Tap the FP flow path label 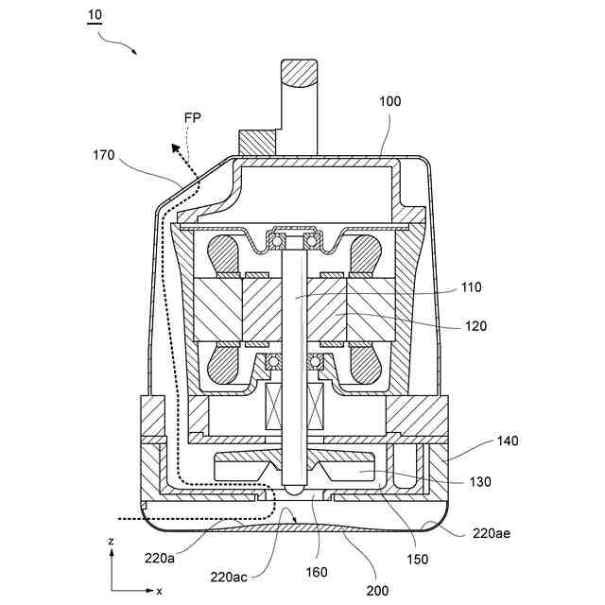pos(193,118)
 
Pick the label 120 pos(475,326)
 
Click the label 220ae pos(493,533)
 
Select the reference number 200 pos(377,590)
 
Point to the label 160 pos(317,572)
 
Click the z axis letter pos(112,541)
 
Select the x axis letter pos(158,591)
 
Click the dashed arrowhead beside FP pos(175,147)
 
